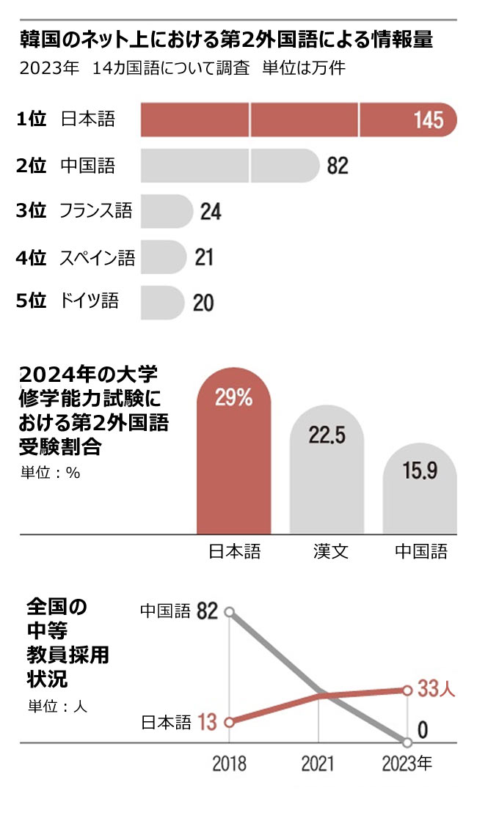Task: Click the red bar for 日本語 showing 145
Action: point(297,119)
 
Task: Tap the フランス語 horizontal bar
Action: point(165,211)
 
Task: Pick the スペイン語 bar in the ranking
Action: point(163,257)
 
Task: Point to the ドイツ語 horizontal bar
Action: point(161,302)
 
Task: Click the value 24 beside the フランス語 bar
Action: point(211,212)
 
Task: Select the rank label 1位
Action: point(31,119)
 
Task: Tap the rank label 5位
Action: point(31,301)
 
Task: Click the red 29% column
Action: point(234,462)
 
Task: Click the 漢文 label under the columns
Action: point(327,551)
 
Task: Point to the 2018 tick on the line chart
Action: point(230,764)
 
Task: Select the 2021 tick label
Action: point(318,764)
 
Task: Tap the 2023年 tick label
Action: point(407,764)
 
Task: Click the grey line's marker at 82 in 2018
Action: point(230,611)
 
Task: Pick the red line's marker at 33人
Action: point(407,690)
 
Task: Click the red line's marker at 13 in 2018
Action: point(230,722)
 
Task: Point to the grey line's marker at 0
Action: point(407,740)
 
